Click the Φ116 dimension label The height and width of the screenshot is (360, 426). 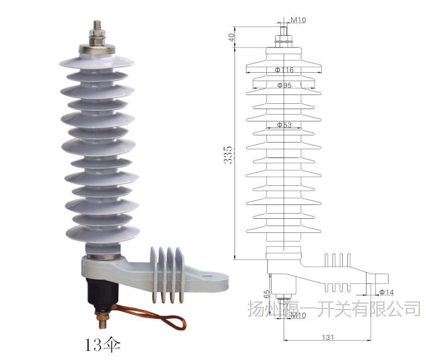coord(284,70)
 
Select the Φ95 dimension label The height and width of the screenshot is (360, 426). coord(284,85)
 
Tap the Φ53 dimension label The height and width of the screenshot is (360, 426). coord(284,125)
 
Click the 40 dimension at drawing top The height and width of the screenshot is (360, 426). coord(230,37)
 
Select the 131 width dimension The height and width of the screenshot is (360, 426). coord(327,337)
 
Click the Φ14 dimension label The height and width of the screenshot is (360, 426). coord(386,292)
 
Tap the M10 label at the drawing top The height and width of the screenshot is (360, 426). coord(298,20)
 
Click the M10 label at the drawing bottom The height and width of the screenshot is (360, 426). coord(298,315)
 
